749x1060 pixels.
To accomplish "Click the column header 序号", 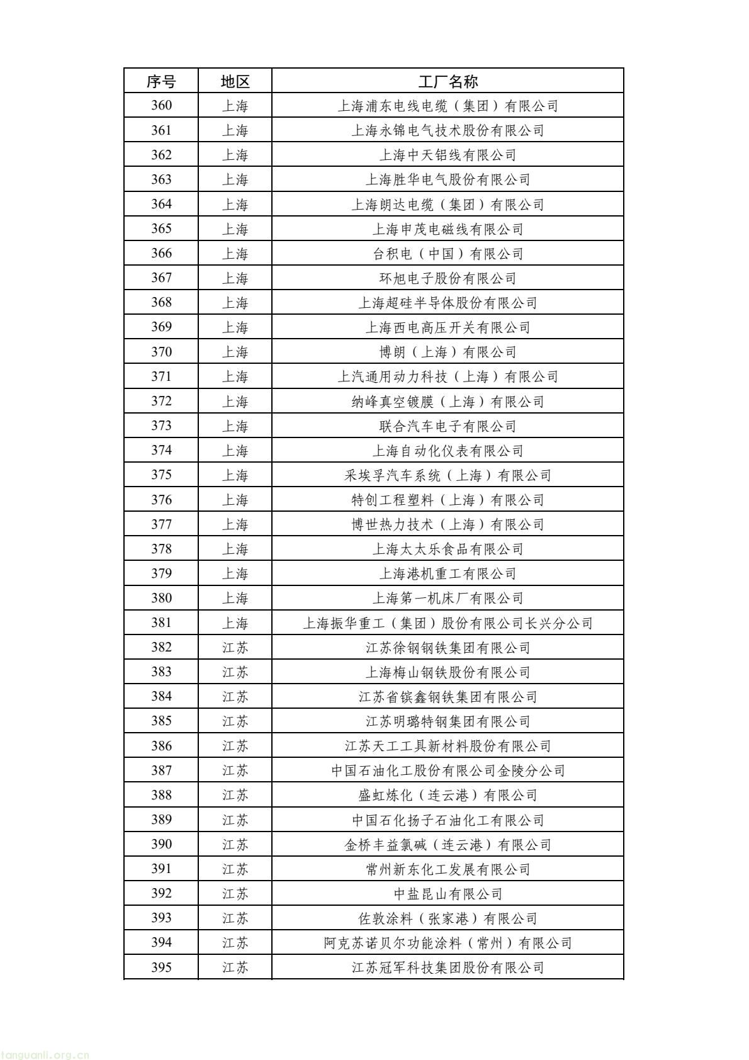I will pyautogui.click(x=161, y=81).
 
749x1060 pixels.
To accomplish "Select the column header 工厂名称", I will pyautogui.click(x=448, y=81).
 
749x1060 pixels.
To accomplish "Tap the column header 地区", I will pyautogui.click(x=235, y=81).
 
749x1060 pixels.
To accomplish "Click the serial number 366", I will pyautogui.click(x=161, y=254).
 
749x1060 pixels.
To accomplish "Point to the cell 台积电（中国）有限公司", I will pyautogui.click(x=448, y=254).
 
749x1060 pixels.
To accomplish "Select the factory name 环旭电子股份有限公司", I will pyautogui.click(x=448, y=278).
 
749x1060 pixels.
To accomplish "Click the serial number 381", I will pyautogui.click(x=161, y=623).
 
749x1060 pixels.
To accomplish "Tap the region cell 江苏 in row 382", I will pyautogui.click(x=235, y=648).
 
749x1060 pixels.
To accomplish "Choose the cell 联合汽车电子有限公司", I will pyautogui.click(x=448, y=426).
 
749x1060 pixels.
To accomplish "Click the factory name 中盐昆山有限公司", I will pyautogui.click(x=448, y=894).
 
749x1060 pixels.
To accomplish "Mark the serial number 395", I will pyautogui.click(x=161, y=967).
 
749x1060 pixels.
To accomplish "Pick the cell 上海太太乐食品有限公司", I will pyautogui.click(x=448, y=549).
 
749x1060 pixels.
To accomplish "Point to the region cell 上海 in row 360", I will pyautogui.click(x=235, y=106).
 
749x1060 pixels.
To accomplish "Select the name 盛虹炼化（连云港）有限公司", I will pyautogui.click(x=448, y=795).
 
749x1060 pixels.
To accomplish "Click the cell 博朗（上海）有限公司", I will pyautogui.click(x=448, y=352).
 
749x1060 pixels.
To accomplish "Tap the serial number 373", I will pyautogui.click(x=161, y=426).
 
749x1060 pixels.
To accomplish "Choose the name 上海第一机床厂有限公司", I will pyautogui.click(x=448, y=598).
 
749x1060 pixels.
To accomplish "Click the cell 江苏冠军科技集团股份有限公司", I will pyautogui.click(x=448, y=967).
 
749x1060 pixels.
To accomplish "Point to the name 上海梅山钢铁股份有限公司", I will pyautogui.click(x=448, y=672).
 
